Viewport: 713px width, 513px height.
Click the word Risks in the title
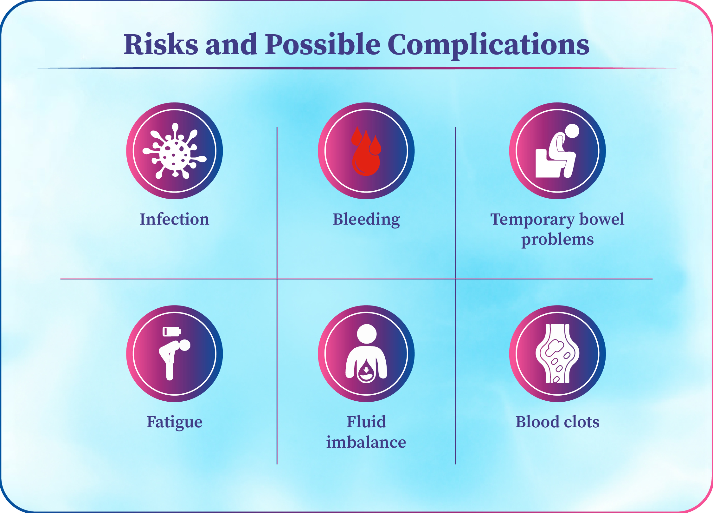(x=161, y=44)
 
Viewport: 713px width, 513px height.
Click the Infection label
(x=175, y=219)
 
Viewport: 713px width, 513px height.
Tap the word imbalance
(x=366, y=442)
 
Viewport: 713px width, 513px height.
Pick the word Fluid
(x=366, y=422)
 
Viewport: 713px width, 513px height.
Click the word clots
(x=580, y=422)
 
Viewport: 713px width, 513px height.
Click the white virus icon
(x=175, y=151)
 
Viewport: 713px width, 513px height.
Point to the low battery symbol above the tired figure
(x=172, y=332)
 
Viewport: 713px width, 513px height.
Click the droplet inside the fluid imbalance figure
(x=366, y=371)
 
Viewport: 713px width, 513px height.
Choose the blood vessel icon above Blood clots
(x=557, y=354)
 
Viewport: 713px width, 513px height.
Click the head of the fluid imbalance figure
(x=367, y=334)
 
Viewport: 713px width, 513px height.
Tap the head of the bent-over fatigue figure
(x=185, y=345)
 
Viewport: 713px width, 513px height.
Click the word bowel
(x=602, y=219)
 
